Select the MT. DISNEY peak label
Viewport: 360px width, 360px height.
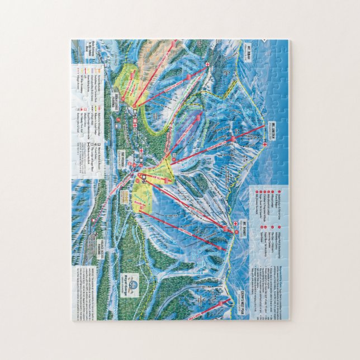pyautogui.click(x=245, y=230)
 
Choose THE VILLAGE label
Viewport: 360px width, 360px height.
pyautogui.click(x=124, y=158)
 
